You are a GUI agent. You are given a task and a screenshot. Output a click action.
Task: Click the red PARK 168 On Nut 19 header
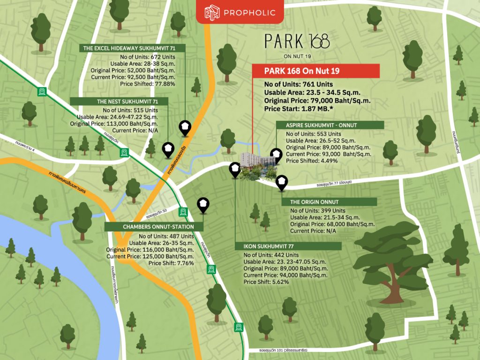(x=315, y=71)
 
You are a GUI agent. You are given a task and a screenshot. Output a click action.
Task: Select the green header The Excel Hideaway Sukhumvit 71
(x=133, y=48)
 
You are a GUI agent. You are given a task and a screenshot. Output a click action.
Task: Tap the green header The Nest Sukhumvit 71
(x=120, y=101)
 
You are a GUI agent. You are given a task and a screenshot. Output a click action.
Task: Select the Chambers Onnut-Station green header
(x=155, y=227)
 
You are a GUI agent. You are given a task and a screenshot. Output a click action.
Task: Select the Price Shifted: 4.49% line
(x=311, y=161)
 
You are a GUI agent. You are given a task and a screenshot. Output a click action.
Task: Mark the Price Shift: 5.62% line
(x=266, y=282)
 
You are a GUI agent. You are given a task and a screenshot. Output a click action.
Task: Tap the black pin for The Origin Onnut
(x=282, y=182)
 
